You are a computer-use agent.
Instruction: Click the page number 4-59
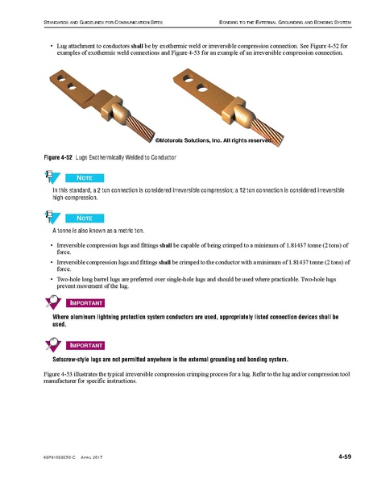point(345,456)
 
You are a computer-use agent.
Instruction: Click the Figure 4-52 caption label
point(58,157)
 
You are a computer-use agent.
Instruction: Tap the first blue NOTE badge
point(85,178)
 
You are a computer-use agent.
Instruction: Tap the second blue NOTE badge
point(85,219)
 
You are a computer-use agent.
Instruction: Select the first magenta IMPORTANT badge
point(85,303)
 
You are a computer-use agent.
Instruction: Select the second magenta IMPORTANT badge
point(85,346)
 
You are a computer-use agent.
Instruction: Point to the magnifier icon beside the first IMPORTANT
point(53,302)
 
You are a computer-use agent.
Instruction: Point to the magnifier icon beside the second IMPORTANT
point(53,344)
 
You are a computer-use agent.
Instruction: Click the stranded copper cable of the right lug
point(267,132)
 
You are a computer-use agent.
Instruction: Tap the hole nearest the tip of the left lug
point(61,78)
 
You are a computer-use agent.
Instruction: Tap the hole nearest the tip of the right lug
point(189,78)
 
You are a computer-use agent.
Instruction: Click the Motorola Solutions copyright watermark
point(213,140)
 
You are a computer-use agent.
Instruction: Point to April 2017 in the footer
point(91,457)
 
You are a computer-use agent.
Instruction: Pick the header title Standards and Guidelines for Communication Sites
point(103,23)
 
